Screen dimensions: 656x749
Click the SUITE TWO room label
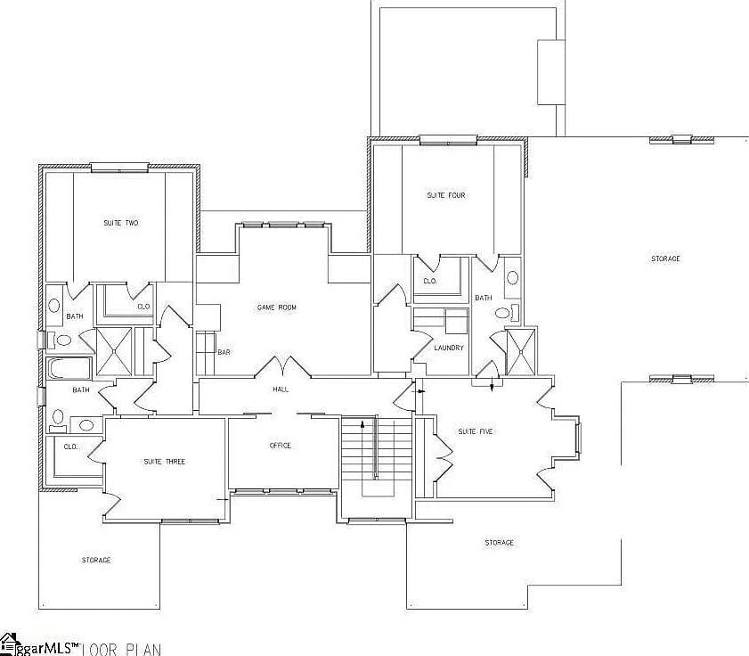120,223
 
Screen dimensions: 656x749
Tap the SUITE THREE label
165,462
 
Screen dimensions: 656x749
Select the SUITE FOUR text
446,195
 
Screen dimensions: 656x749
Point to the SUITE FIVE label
475,431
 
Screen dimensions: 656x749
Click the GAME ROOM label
276,307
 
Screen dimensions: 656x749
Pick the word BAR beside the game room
224,353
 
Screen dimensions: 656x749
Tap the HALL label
281,389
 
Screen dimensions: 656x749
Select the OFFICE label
280,446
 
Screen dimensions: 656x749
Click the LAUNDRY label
448,348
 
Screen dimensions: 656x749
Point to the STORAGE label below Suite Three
96,560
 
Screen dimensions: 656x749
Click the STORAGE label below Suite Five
499,542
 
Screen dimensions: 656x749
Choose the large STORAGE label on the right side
664,258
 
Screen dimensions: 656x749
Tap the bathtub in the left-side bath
65,368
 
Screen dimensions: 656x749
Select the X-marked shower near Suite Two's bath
113,350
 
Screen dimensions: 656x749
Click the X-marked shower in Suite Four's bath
516,352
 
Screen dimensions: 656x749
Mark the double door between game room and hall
282,367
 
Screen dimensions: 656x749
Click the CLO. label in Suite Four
429,280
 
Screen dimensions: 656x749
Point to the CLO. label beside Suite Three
70,447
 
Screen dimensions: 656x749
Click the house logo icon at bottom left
9,644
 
